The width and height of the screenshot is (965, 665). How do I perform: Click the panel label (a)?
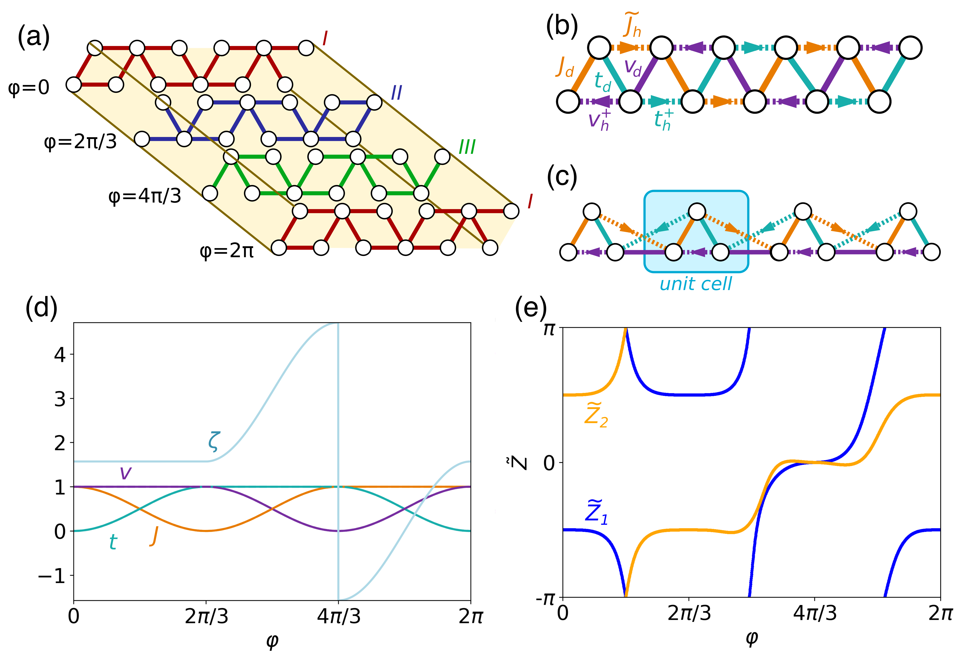tap(33, 37)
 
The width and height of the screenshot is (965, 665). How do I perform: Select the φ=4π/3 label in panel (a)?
tap(145, 196)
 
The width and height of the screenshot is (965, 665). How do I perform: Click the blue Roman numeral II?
tap(396, 92)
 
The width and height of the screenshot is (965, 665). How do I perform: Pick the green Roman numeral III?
tap(467, 147)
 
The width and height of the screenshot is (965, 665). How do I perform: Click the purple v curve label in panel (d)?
tap(125, 473)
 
